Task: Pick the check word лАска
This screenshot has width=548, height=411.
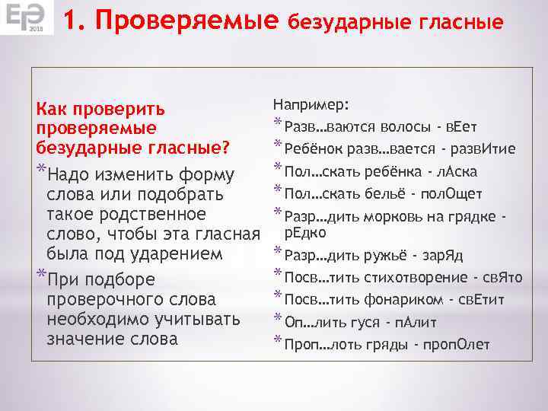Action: [x=460, y=171]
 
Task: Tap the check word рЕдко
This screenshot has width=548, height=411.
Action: [x=305, y=232]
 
